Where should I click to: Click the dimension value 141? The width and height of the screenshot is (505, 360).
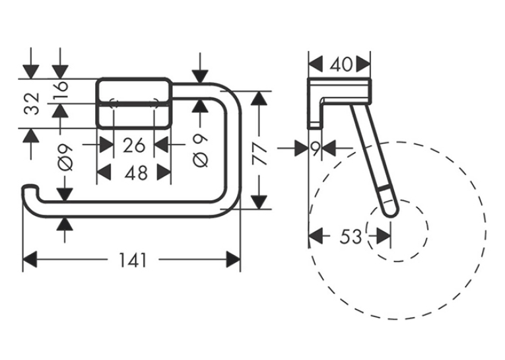(133, 260)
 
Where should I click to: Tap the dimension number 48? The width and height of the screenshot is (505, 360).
(136, 173)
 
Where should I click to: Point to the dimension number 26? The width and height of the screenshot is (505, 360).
(134, 145)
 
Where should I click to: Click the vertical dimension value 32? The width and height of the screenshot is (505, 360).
(32, 104)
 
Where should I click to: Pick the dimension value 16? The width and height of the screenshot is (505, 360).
(60, 86)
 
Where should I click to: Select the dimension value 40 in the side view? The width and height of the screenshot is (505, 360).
(341, 65)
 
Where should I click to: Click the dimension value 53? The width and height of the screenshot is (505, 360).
(351, 236)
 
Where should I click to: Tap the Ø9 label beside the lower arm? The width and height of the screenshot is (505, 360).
(65, 157)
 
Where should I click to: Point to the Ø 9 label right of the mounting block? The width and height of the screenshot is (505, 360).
(200, 151)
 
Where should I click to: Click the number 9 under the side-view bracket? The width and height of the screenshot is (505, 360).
(316, 149)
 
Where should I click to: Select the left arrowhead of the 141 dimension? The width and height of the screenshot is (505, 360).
(30, 260)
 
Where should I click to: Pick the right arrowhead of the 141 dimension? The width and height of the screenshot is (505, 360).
(233, 260)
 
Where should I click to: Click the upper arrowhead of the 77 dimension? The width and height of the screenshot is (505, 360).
(259, 98)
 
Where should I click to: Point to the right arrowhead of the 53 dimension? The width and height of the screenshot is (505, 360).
(384, 236)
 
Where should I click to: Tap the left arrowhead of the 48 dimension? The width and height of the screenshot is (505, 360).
(104, 172)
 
